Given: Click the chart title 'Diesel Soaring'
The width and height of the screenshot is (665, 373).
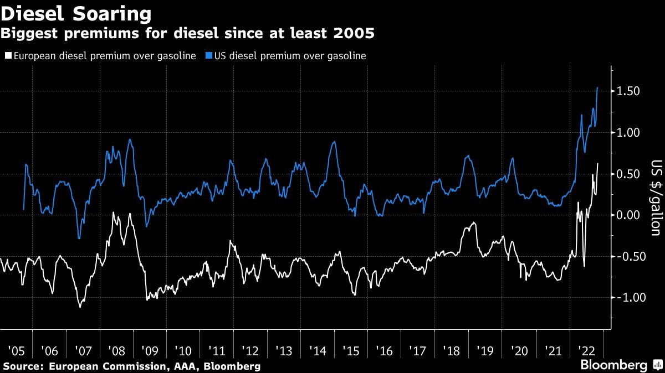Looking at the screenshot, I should pos(76,13).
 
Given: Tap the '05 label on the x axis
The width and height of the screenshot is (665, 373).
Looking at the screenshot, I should pos(16,351).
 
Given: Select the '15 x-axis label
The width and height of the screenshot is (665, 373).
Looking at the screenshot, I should pos(351,351).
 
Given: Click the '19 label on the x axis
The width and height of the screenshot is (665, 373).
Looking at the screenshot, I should pos(485,351).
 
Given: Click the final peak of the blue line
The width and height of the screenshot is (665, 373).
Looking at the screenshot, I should pos(597,87).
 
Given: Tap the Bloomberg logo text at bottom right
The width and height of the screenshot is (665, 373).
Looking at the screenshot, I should pos(613,365).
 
